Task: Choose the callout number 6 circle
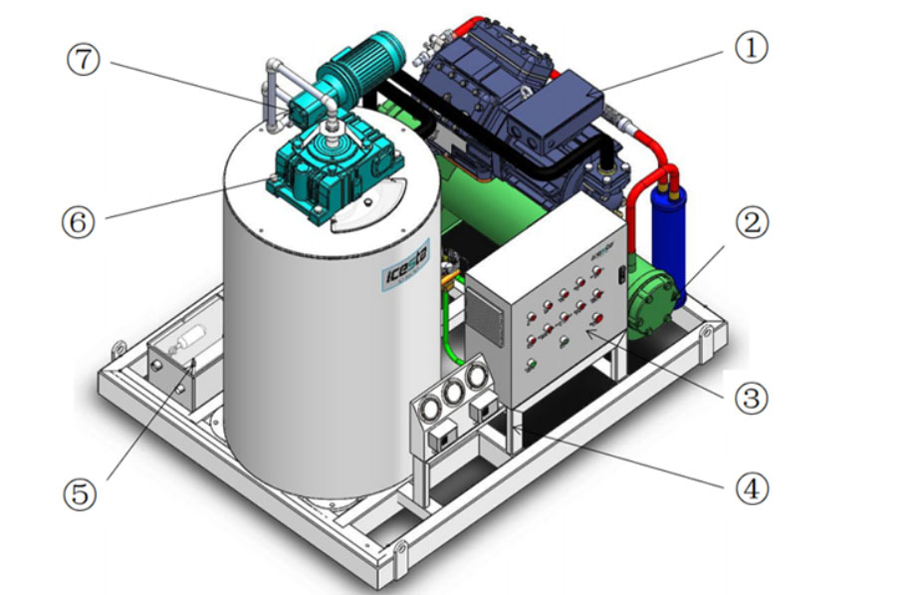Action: click(83, 220)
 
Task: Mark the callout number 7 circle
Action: click(84, 59)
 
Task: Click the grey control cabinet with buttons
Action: click(543, 314)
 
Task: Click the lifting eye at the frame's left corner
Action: click(118, 348)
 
